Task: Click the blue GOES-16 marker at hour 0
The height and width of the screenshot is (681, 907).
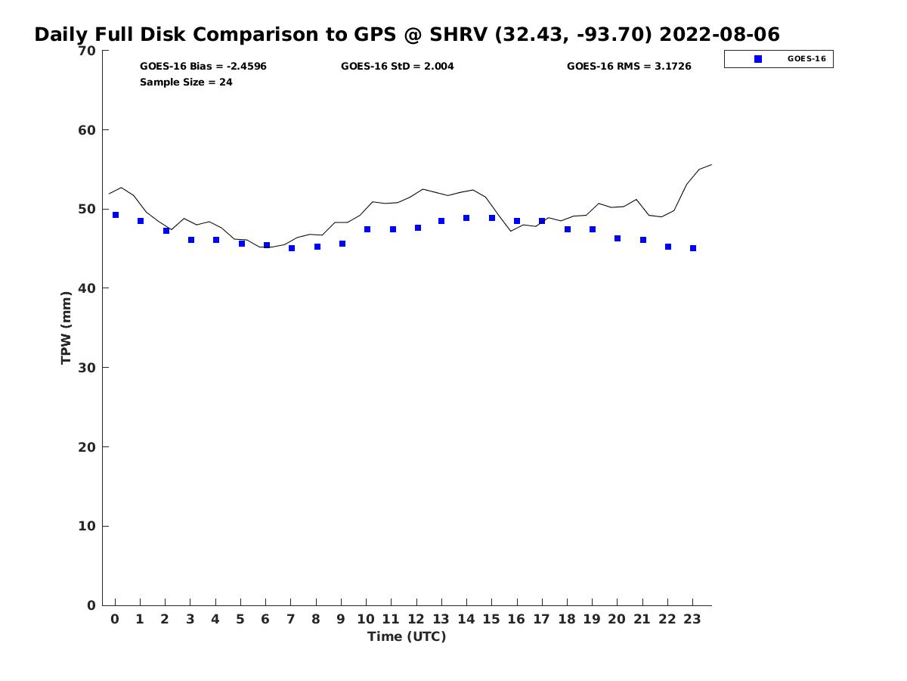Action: click(x=116, y=215)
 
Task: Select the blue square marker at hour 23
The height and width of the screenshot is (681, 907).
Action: click(x=693, y=248)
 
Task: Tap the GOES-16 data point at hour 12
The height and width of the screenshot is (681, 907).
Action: click(x=418, y=228)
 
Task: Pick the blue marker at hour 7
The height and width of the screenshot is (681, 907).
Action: click(x=292, y=248)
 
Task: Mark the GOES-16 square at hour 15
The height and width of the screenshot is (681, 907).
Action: click(x=492, y=218)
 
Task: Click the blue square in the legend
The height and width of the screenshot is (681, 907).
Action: click(x=758, y=59)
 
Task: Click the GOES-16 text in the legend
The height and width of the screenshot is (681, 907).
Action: click(x=806, y=59)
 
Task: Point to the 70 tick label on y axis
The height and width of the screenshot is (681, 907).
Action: click(x=87, y=51)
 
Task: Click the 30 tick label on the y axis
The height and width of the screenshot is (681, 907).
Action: click(x=87, y=368)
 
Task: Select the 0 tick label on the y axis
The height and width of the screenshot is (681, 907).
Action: click(x=91, y=605)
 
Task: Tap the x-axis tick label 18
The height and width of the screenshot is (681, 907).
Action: click(x=567, y=619)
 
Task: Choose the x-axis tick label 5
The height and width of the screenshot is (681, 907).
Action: click(x=240, y=619)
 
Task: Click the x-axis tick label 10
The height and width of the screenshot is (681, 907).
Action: click(x=366, y=619)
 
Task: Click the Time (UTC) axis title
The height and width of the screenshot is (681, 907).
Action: click(x=407, y=637)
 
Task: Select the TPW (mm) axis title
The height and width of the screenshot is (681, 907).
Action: click(x=66, y=328)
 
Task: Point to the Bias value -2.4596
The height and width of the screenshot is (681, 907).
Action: click(x=246, y=66)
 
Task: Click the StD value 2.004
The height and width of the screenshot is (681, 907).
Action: click(x=439, y=66)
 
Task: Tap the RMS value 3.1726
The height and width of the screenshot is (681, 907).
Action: click(x=673, y=66)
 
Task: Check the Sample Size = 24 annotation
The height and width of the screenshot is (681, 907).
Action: click(x=186, y=82)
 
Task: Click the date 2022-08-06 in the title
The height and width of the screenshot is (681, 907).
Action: click(x=720, y=34)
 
